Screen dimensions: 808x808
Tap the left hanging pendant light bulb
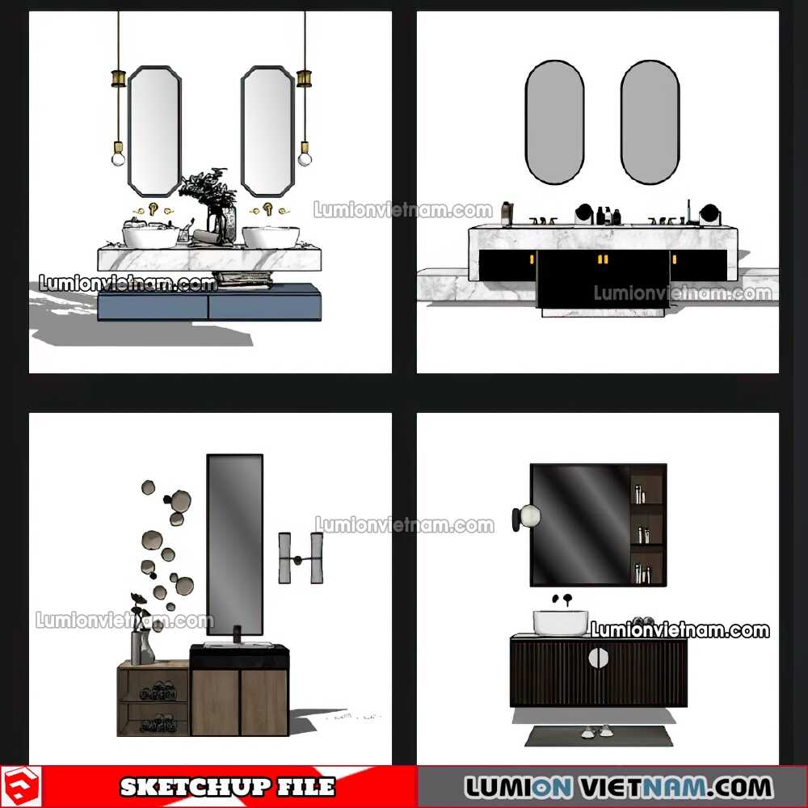coord(119,156)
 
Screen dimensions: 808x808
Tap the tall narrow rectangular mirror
coord(235,544)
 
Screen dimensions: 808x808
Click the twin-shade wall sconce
coord(301,558)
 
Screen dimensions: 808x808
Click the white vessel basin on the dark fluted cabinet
coord(560,622)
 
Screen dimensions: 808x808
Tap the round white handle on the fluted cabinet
coord(598,657)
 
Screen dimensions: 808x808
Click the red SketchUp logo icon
coord(21,787)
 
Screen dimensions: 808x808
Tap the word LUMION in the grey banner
coord(519,787)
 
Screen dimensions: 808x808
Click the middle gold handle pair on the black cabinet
coord(603,259)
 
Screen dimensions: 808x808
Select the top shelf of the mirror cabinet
coord(646,484)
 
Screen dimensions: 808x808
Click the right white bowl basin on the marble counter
coord(271,237)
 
